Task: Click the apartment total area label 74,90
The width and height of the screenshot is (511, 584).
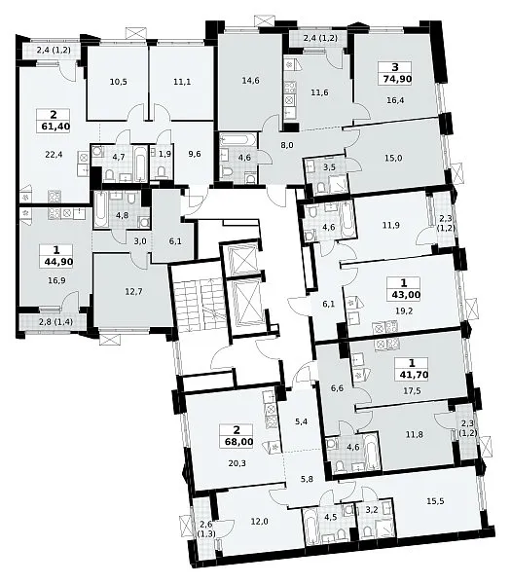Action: (x=395, y=80)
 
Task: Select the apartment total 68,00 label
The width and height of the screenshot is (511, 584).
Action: (x=239, y=442)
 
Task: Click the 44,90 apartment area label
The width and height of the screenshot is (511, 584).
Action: (x=58, y=262)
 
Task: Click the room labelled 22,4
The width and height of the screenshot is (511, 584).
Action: (x=55, y=154)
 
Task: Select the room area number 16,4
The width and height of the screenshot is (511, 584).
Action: (x=395, y=100)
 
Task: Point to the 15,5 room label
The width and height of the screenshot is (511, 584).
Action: (x=435, y=501)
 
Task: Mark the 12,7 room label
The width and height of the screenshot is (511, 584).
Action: (x=133, y=292)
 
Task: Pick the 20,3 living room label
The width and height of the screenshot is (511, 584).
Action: (x=237, y=463)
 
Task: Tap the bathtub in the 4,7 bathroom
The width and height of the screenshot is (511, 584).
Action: (x=141, y=164)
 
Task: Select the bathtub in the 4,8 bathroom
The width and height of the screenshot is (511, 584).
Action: (x=100, y=209)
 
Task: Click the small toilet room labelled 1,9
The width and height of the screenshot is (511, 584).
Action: (x=164, y=154)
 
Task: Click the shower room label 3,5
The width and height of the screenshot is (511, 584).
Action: (x=329, y=167)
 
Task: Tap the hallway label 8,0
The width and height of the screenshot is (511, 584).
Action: (x=287, y=145)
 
